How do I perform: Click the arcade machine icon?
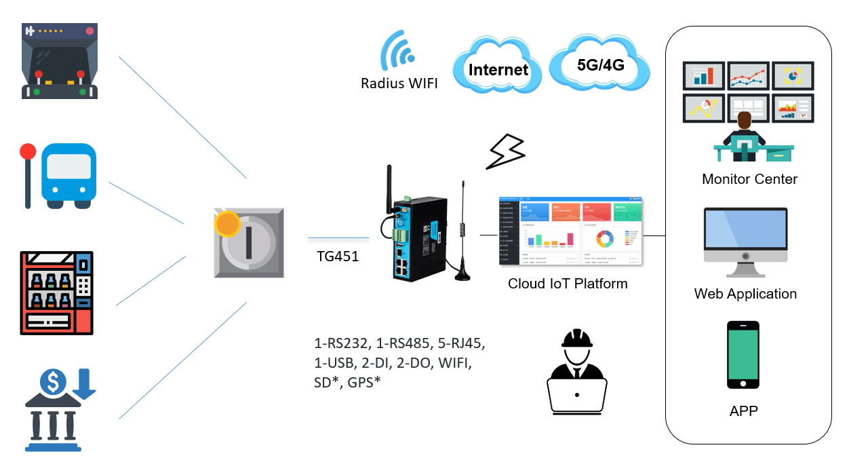(60, 61)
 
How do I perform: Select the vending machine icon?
(56, 292)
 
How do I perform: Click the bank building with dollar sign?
(60, 410)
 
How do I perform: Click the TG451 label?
(337, 257)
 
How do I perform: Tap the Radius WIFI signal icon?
(399, 50)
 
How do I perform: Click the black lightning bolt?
(507, 151)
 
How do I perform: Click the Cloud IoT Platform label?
(568, 284)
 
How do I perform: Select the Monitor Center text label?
(749, 179)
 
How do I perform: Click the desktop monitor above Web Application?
(745, 241)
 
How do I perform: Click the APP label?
(743, 411)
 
